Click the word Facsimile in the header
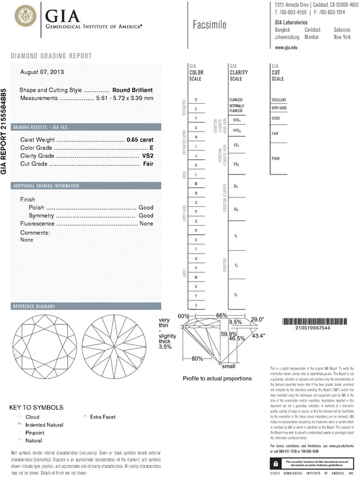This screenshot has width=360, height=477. pyautogui.click(x=210, y=25)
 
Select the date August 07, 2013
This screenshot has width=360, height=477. pyautogui.click(x=42, y=72)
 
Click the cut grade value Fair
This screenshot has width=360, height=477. pyautogui.click(x=148, y=164)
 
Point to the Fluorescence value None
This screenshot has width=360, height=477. pyautogui.click(x=146, y=224)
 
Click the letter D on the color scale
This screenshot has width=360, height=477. pyautogui.click(x=196, y=100)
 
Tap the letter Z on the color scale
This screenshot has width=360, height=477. pyautogui.click(x=196, y=305)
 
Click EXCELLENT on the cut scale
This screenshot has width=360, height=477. pyautogui.click(x=279, y=100)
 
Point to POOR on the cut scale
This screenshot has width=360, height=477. pyautogui.click(x=276, y=158)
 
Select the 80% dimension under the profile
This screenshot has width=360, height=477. pyautogui.click(x=197, y=358)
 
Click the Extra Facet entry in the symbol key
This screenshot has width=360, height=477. pyautogui.click(x=103, y=417)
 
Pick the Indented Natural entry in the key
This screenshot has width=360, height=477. pyautogui.click(x=44, y=425)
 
